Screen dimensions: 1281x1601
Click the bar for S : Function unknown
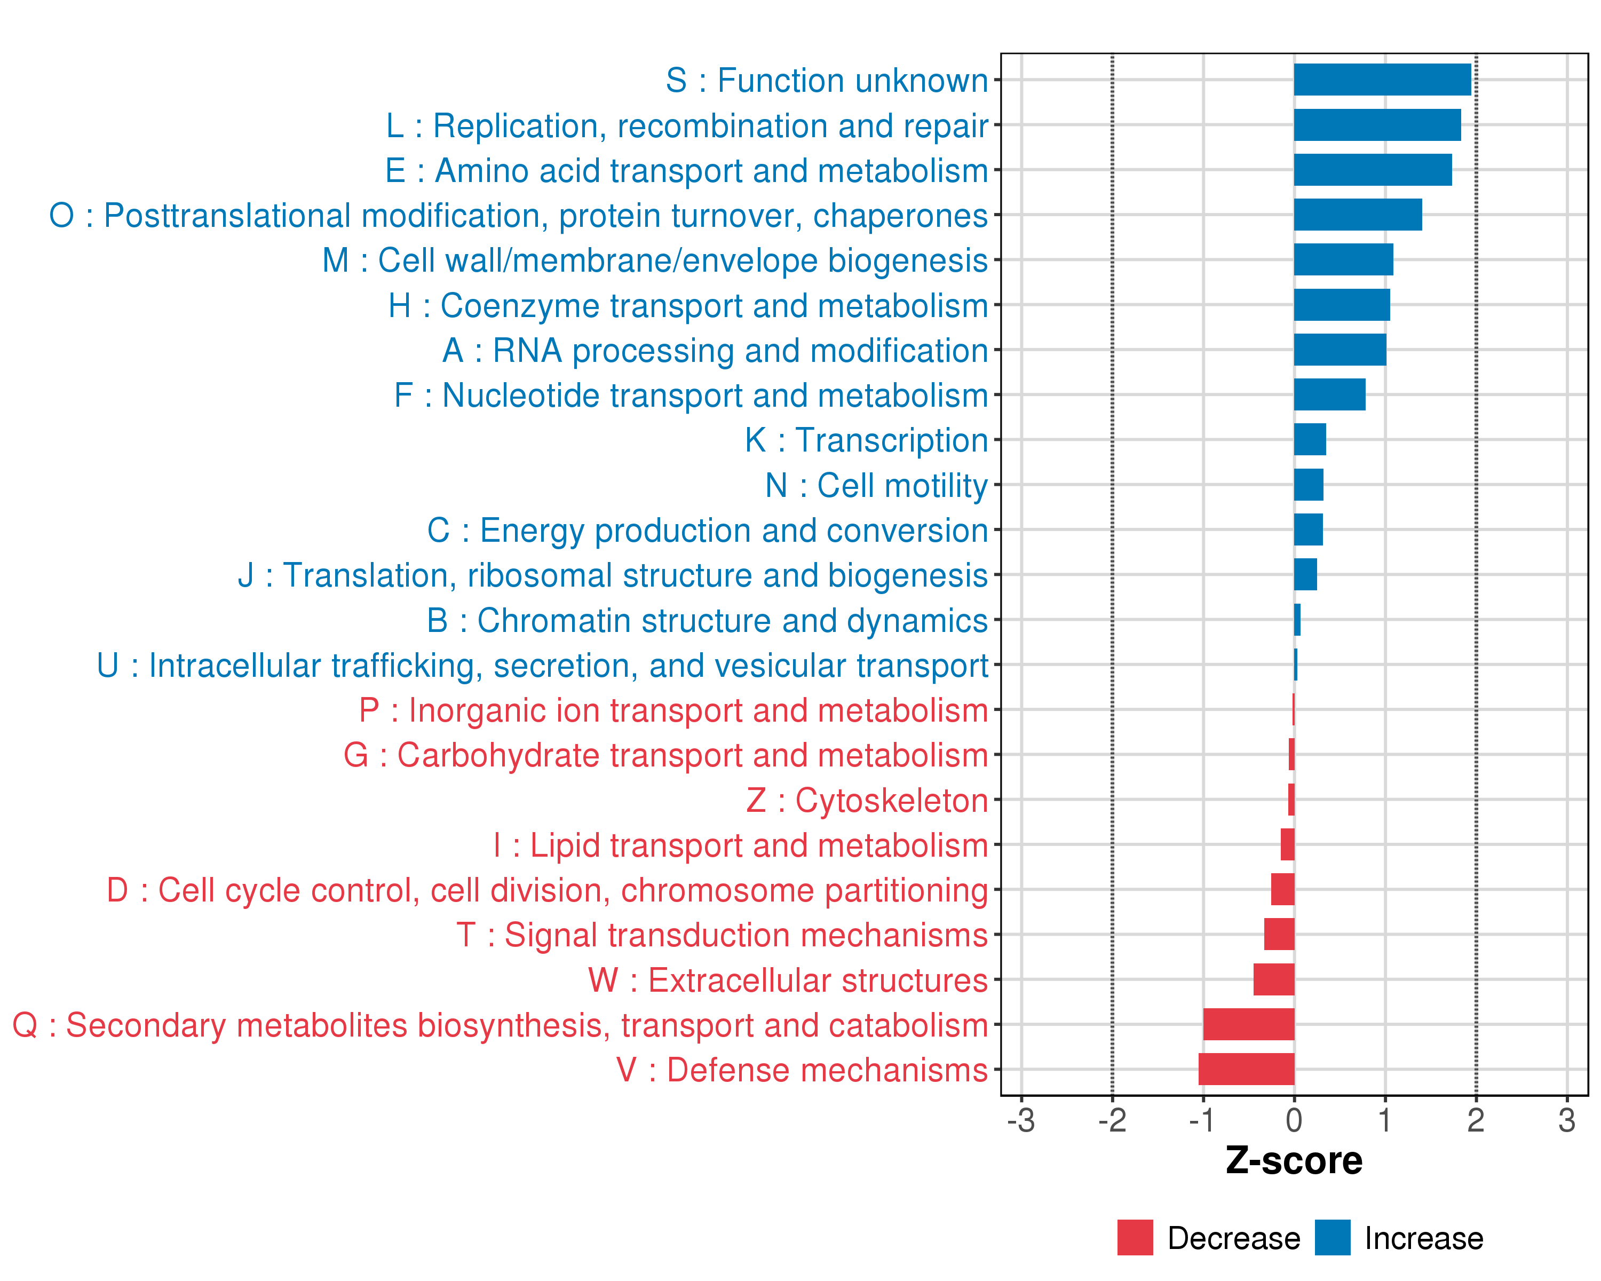(1382, 80)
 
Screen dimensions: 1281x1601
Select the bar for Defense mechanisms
(1246, 1069)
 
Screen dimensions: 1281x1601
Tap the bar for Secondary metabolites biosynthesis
(1248, 1024)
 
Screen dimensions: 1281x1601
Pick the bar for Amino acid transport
(1372, 170)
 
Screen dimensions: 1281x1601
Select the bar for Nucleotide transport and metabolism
(1329, 394)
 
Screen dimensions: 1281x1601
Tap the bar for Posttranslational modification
(1358, 215)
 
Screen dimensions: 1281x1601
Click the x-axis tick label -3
(1021, 1120)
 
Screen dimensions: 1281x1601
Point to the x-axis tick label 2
(1476, 1120)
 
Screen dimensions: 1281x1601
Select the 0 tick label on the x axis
(1294, 1120)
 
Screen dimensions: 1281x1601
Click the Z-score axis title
(1294, 1161)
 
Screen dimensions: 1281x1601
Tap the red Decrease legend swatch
(1135, 1238)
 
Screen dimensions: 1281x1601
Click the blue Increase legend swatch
(1332, 1238)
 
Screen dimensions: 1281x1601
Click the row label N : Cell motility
(876, 486)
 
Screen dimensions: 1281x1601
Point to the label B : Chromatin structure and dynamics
(707, 621)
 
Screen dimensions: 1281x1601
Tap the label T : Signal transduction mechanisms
(722, 935)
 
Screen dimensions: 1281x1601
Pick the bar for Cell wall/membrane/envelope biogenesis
(1343, 260)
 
